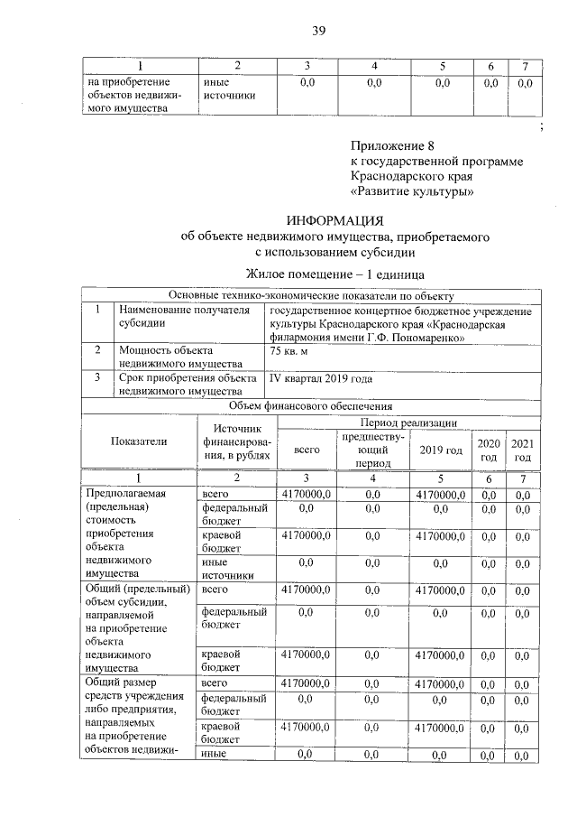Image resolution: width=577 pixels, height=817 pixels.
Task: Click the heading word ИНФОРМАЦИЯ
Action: pos(334,220)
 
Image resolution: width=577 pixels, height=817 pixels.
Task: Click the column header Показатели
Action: pos(139,441)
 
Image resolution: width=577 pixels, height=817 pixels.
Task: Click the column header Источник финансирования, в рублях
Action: pos(236,441)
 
